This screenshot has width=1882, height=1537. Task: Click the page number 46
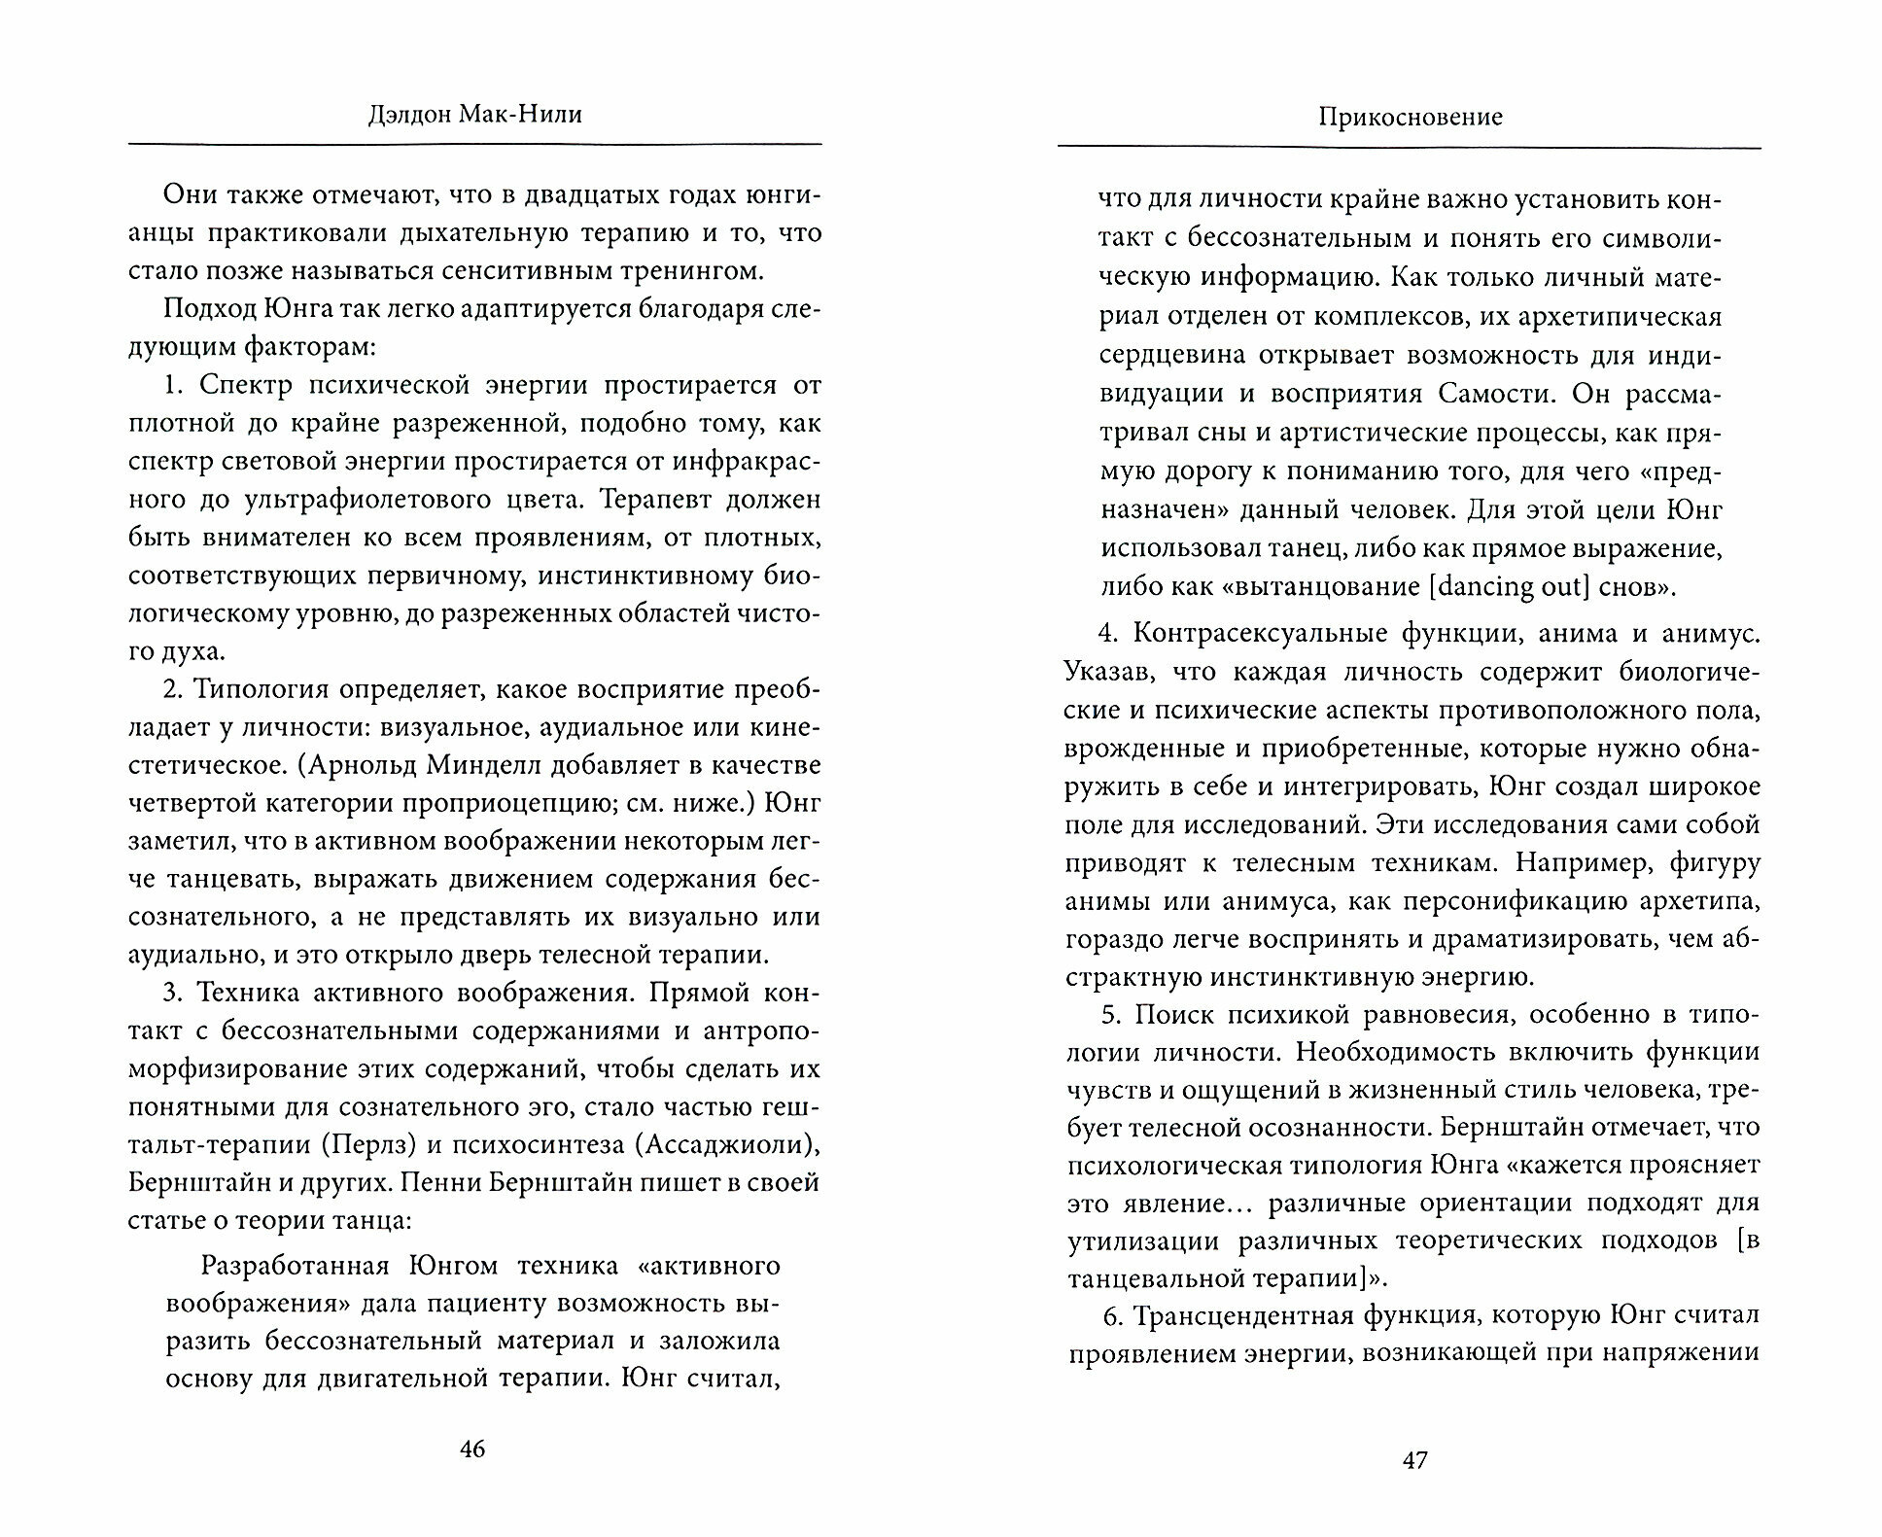tap(471, 1450)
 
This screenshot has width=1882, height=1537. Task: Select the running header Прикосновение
tap(1411, 118)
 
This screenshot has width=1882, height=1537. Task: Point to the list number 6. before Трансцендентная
tap(1114, 1315)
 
